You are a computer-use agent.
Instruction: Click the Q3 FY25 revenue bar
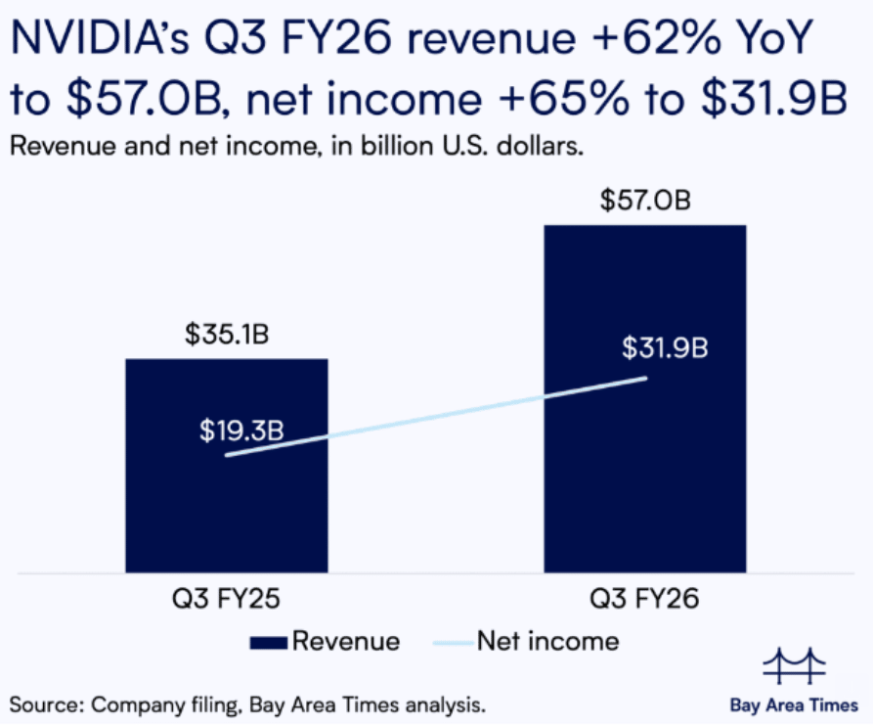[226, 509]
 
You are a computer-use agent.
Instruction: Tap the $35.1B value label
[227, 336]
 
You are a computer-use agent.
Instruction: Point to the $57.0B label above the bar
[644, 202]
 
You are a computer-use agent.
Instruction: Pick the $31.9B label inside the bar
[666, 347]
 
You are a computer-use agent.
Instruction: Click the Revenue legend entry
[346, 642]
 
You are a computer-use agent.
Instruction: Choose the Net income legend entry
[547, 642]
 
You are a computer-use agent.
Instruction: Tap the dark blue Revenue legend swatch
[269, 643]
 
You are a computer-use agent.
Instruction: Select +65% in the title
[600, 101]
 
